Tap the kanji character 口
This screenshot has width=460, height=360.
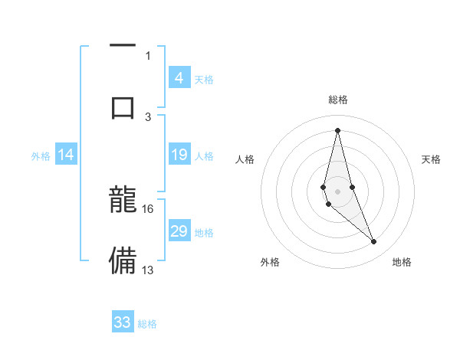[x=123, y=106]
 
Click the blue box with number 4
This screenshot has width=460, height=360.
[x=179, y=78]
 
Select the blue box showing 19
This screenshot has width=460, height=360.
[x=179, y=155]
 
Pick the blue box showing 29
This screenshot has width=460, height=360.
[x=179, y=231]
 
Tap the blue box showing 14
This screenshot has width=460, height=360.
[x=66, y=155]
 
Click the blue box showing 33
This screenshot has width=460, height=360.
[x=123, y=322]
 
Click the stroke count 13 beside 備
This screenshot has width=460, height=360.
[x=148, y=270]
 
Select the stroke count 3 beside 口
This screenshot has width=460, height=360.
[x=148, y=117]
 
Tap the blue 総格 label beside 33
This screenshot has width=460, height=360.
[x=148, y=324]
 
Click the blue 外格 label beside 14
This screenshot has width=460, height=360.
[x=41, y=156]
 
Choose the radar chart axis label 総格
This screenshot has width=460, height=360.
[x=337, y=100]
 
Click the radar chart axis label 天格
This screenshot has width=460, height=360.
[x=432, y=159]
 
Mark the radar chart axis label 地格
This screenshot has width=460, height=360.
[x=402, y=263]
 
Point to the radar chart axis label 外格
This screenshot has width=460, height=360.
[x=270, y=263]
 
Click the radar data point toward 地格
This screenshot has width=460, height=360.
[x=374, y=242]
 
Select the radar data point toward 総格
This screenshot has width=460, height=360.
[x=337, y=129]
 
